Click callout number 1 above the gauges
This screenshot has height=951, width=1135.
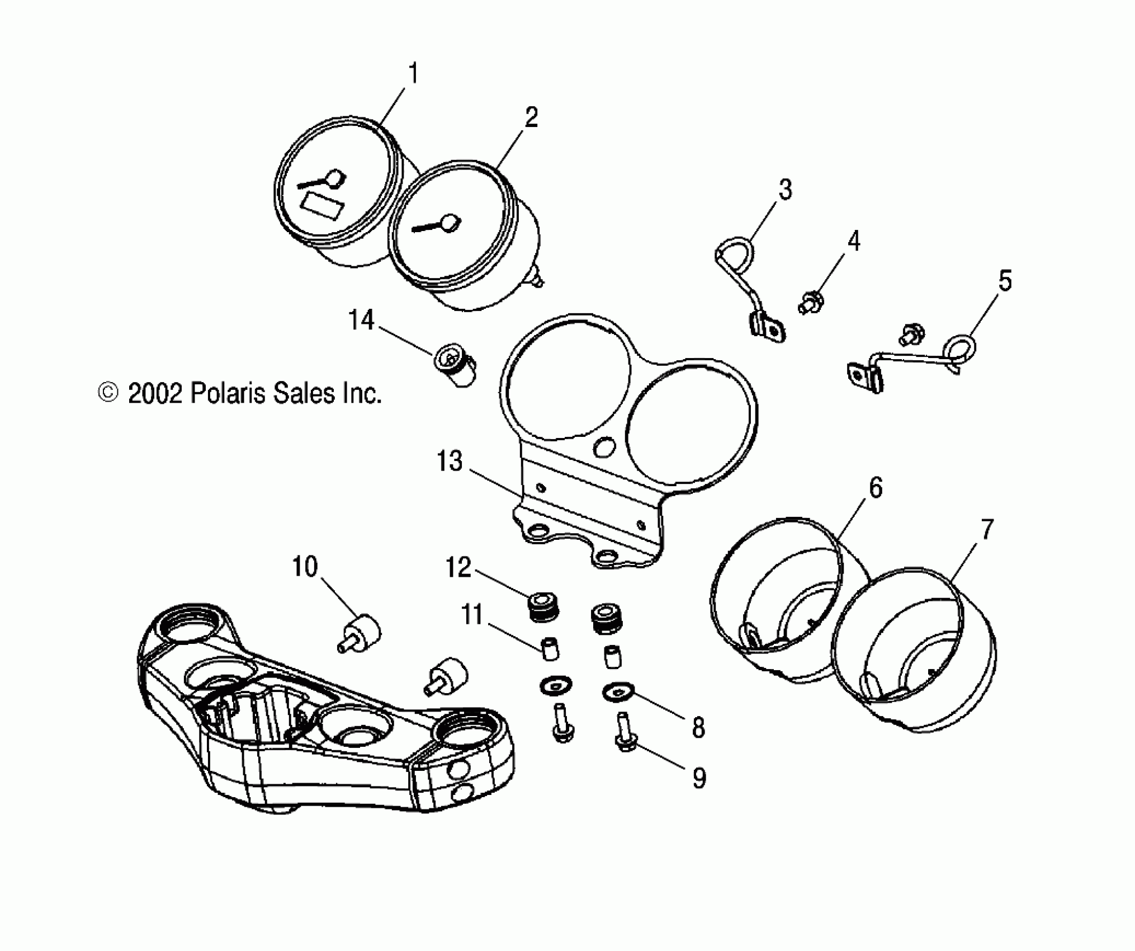click(413, 73)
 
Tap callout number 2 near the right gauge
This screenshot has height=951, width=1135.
click(531, 118)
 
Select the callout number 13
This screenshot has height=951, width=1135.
click(450, 462)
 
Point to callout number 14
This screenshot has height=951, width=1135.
click(361, 321)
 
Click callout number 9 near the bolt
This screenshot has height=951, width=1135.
click(699, 778)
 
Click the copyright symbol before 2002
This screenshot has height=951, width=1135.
click(108, 393)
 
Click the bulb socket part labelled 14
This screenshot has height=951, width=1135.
click(457, 366)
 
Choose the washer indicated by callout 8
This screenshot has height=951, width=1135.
click(617, 693)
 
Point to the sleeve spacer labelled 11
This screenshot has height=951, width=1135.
click(550, 648)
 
